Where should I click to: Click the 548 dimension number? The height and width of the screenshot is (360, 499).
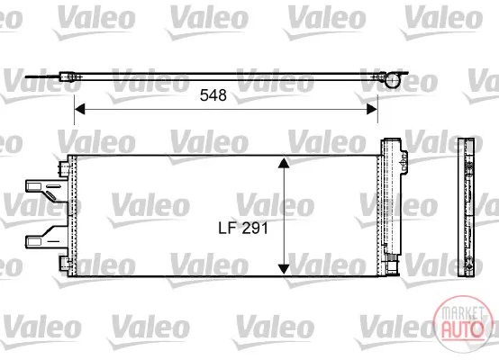click(x=213, y=95)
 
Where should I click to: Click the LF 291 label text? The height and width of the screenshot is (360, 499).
click(x=243, y=228)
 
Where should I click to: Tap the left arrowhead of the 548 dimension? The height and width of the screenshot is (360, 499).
click(x=79, y=109)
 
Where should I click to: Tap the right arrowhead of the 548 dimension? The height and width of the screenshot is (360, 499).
click(x=372, y=109)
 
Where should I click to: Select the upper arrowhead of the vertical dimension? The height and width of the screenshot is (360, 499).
click(x=284, y=163)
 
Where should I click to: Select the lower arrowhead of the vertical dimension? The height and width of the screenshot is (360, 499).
click(x=284, y=269)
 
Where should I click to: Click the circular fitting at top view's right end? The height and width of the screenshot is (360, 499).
click(x=392, y=80)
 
